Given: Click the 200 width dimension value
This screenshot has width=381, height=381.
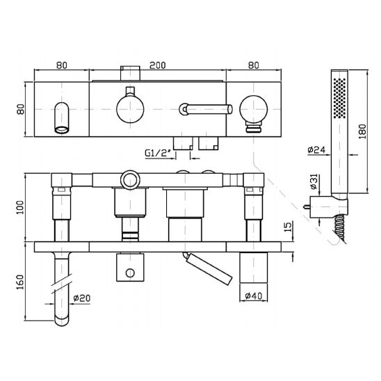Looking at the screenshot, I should (156, 66).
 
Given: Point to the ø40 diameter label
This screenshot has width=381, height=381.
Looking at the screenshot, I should (254, 296).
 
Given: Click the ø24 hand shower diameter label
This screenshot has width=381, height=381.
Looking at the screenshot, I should (317, 148).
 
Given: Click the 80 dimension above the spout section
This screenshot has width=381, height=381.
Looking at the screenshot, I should (60, 66).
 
